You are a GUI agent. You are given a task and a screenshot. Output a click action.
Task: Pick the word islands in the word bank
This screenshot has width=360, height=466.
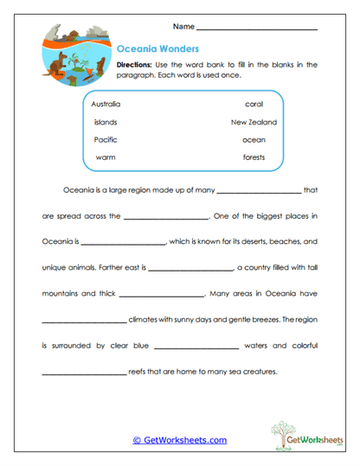click(105, 122)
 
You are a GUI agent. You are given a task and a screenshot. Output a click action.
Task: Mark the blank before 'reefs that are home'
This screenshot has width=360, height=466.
click(84, 374)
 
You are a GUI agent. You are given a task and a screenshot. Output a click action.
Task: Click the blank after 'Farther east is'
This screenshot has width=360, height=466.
click(192, 270)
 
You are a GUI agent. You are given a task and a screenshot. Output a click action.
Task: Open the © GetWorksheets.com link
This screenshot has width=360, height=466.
click(179, 440)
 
